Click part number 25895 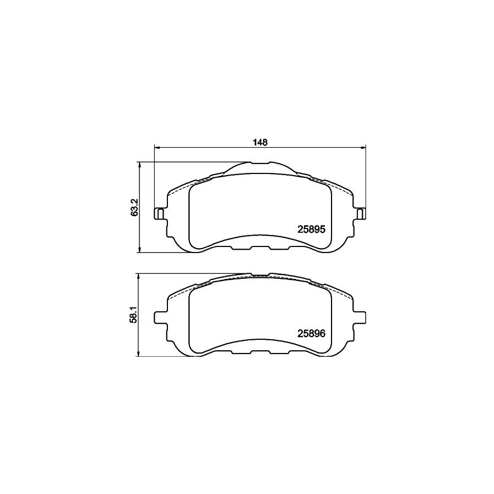(312, 231)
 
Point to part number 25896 (312, 332)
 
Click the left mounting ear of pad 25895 (160, 213)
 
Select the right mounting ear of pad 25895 (361, 213)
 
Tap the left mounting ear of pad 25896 (160, 317)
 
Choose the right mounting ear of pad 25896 (361, 317)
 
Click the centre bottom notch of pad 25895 (260, 247)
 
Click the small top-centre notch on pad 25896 (260, 276)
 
